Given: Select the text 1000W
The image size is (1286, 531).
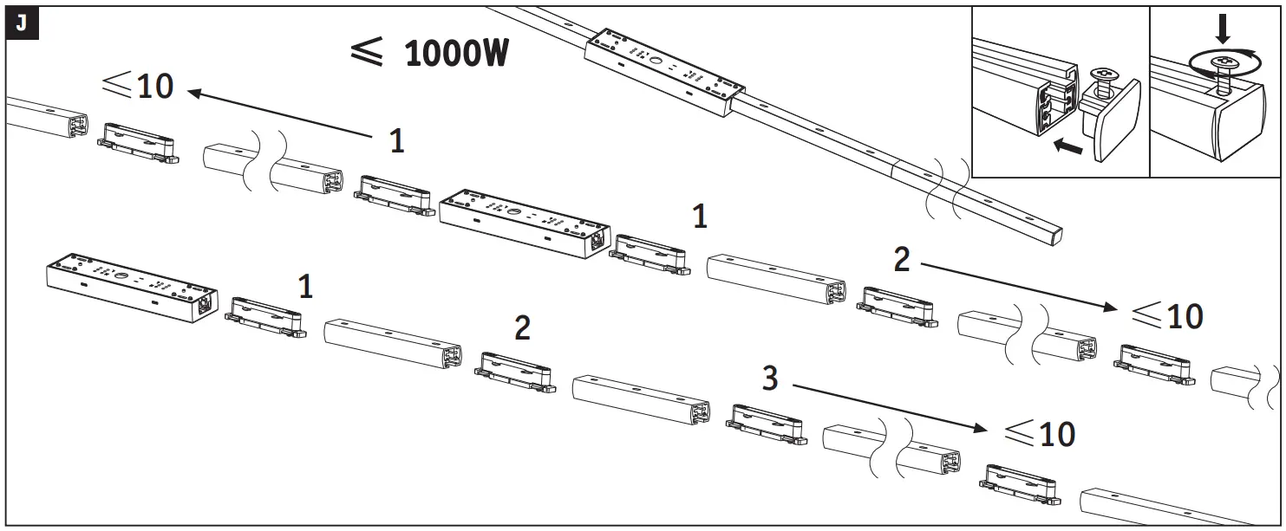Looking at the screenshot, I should click(456, 54).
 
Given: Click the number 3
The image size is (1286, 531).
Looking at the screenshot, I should click(770, 379).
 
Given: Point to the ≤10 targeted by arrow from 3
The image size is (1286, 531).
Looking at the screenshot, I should click(1038, 433).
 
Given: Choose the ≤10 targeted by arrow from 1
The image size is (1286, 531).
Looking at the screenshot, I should click(139, 85).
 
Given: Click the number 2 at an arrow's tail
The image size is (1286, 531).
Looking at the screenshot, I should click(902, 259).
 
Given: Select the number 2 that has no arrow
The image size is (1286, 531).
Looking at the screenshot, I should click(522, 328).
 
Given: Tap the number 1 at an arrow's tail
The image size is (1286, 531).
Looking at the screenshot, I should click(396, 141).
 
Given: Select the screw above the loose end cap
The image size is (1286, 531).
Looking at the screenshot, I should click(1104, 85).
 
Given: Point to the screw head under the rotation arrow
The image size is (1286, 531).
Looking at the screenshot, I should click(1222, 62).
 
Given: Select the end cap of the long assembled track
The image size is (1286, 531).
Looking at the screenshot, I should click(1053, 231).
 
